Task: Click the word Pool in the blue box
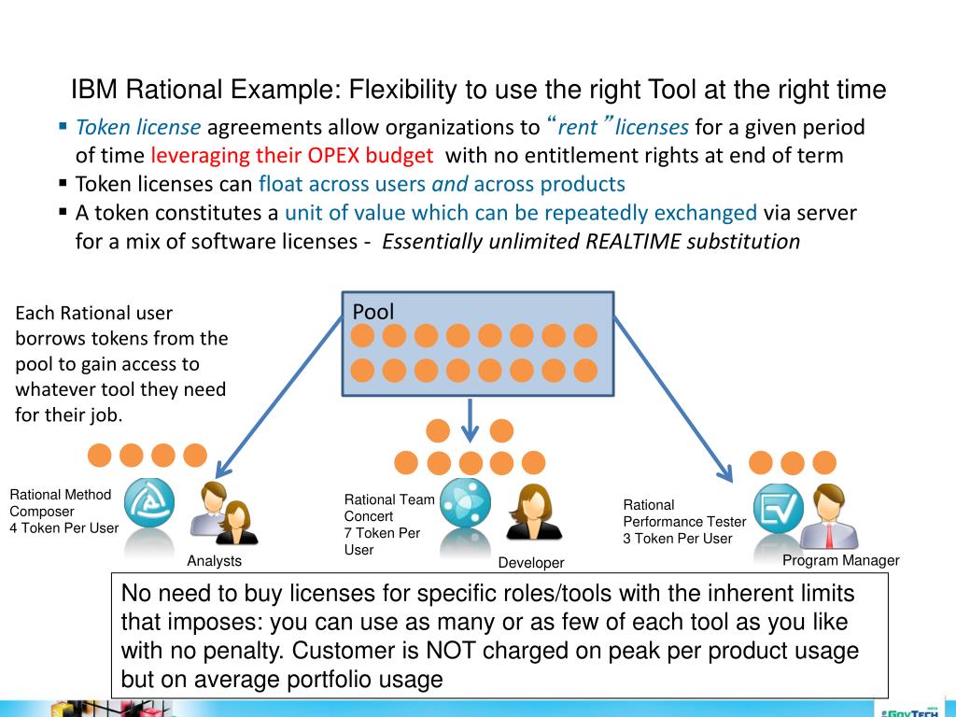[373, 312]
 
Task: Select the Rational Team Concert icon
[465, 503]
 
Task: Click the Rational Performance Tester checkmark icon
[778, 508]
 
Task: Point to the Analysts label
[214, 561]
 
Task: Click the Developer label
[531, 563]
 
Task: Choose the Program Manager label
[840, 560]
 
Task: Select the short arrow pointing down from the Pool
[471, 419]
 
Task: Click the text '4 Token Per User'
[64, 528]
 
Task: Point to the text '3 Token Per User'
[678, 539]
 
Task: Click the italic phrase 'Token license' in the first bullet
[138, 127]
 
